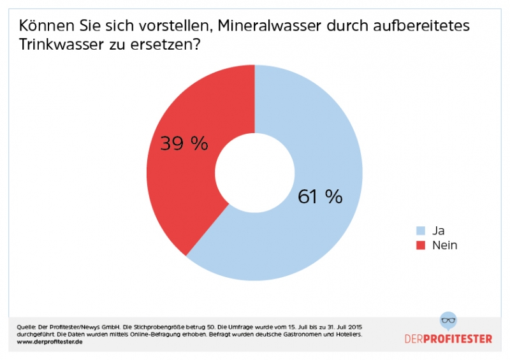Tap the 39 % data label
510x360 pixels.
pos(184,143)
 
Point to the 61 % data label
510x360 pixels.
pos(320,196)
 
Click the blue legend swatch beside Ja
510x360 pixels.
pos(420,231)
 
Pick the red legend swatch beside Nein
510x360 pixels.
pos(420,245)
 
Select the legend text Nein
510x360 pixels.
pos(444,245)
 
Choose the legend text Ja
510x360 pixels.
pos(437,231)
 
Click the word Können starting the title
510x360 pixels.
pos(45,26)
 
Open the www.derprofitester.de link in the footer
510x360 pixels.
pos(50,342)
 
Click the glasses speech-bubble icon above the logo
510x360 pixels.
pos(449,322)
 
